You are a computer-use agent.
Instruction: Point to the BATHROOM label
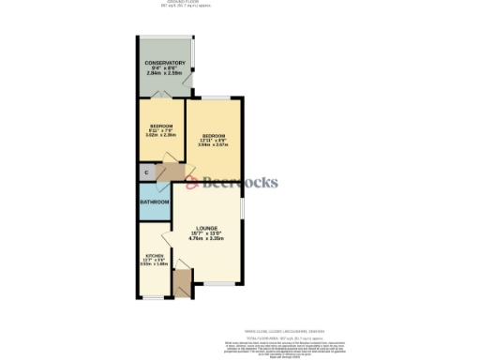pyautogui.click(x=155, y=202)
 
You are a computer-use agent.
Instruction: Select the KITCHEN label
pyautogui.click(x=154, y=256)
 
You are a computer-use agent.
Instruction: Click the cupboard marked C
pyautogui.click(x=145, y=172)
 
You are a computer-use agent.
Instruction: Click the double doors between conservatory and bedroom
pyautogui.click(x=162, y=94)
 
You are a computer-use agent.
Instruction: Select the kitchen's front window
pyautogui.click(x=151, y=298)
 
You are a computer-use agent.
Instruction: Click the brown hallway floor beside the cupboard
pyautogui.click(x=169, y=173)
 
